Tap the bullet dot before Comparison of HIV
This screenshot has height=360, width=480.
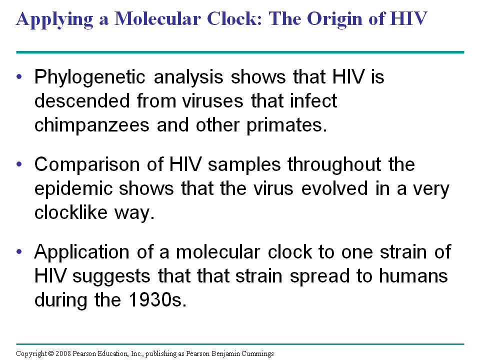click(19, 165)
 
